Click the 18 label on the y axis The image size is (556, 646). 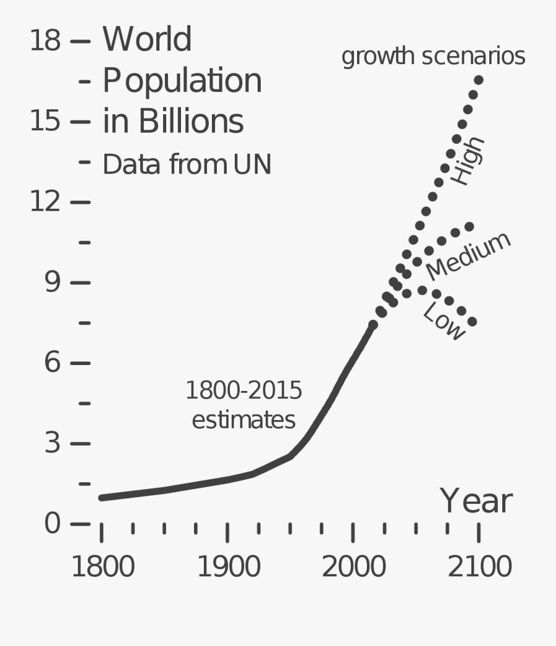click(x=45, y=41)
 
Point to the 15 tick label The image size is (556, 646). click(x=45, y=122)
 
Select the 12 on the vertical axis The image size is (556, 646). click(x=45, y=202)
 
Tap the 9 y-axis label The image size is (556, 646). click(x=53, y=282)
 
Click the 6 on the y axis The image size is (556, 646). click(x=53, y=363)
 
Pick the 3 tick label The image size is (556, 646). click(x=53, y=443)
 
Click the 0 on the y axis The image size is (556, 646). click(x=53, y=524)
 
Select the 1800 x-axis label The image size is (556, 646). click(x=103, y=567)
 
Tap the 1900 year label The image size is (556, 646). click(x=229, y=567)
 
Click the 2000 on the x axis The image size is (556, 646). click(x=353, y=567)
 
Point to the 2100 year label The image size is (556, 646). click(x=479, y=567)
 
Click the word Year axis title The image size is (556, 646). click(x=476, y=501)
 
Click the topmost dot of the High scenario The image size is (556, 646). click(x=478, y=80)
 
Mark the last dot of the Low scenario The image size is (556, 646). click(x=472, y=322)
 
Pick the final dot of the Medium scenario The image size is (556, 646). click(x=469, y=227)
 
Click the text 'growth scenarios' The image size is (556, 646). click(x=433, y=56)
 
